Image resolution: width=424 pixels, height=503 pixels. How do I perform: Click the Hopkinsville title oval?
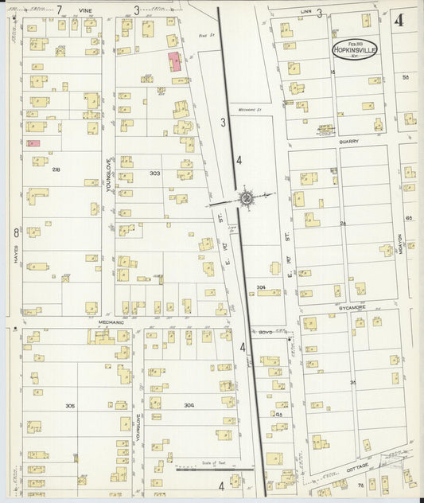click(x=356, y=48)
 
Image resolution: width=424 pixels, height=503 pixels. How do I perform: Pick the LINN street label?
click(x=306, y=11)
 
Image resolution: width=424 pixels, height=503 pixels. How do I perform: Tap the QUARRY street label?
click(x=348, y=142)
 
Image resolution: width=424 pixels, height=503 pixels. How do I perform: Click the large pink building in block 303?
click(x=174, y=63)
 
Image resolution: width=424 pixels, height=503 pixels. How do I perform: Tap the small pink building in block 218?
click(x=33, y=143)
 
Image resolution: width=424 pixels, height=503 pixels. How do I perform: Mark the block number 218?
click(x=56, y=170)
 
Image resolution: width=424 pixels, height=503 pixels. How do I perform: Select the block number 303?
click(x=154, y=173)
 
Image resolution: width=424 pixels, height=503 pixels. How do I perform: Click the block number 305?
click(x=70, y=406)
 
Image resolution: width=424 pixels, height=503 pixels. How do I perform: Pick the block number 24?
click(x=344, y=224)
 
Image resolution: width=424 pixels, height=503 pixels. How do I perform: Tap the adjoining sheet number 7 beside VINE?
click(x=60, y=10)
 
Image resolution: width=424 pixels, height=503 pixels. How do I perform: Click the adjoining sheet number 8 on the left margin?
click(x=15, y=232)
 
